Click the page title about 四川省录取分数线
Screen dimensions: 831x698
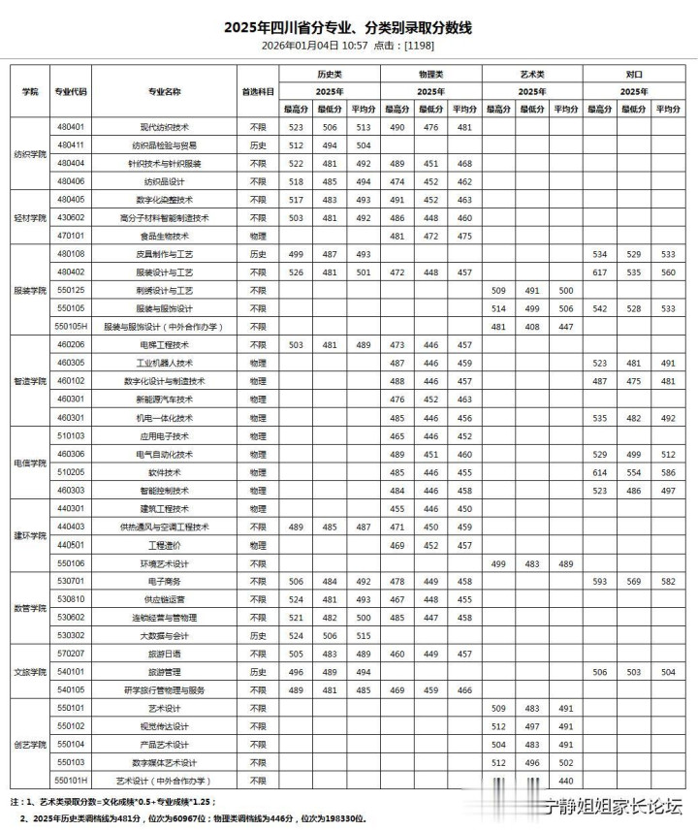click(x=348, y=27)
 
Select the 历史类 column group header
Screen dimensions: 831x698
click(x=330, y=74)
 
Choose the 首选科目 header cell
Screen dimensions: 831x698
click(x=258, y=91)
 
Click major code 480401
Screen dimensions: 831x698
click(x=71, y=127)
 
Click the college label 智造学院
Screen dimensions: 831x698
click(x=30, y=381)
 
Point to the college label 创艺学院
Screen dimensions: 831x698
click(x=30, y=744)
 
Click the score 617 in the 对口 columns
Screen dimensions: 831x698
click(x=599, y=272)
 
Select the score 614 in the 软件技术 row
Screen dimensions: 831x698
click(x=599, y=472)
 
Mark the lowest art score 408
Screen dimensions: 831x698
click(x=532, y=327)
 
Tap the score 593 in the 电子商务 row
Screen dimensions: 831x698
click(x=599, y=581)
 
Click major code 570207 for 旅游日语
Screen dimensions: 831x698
click(x=71, y=654)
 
